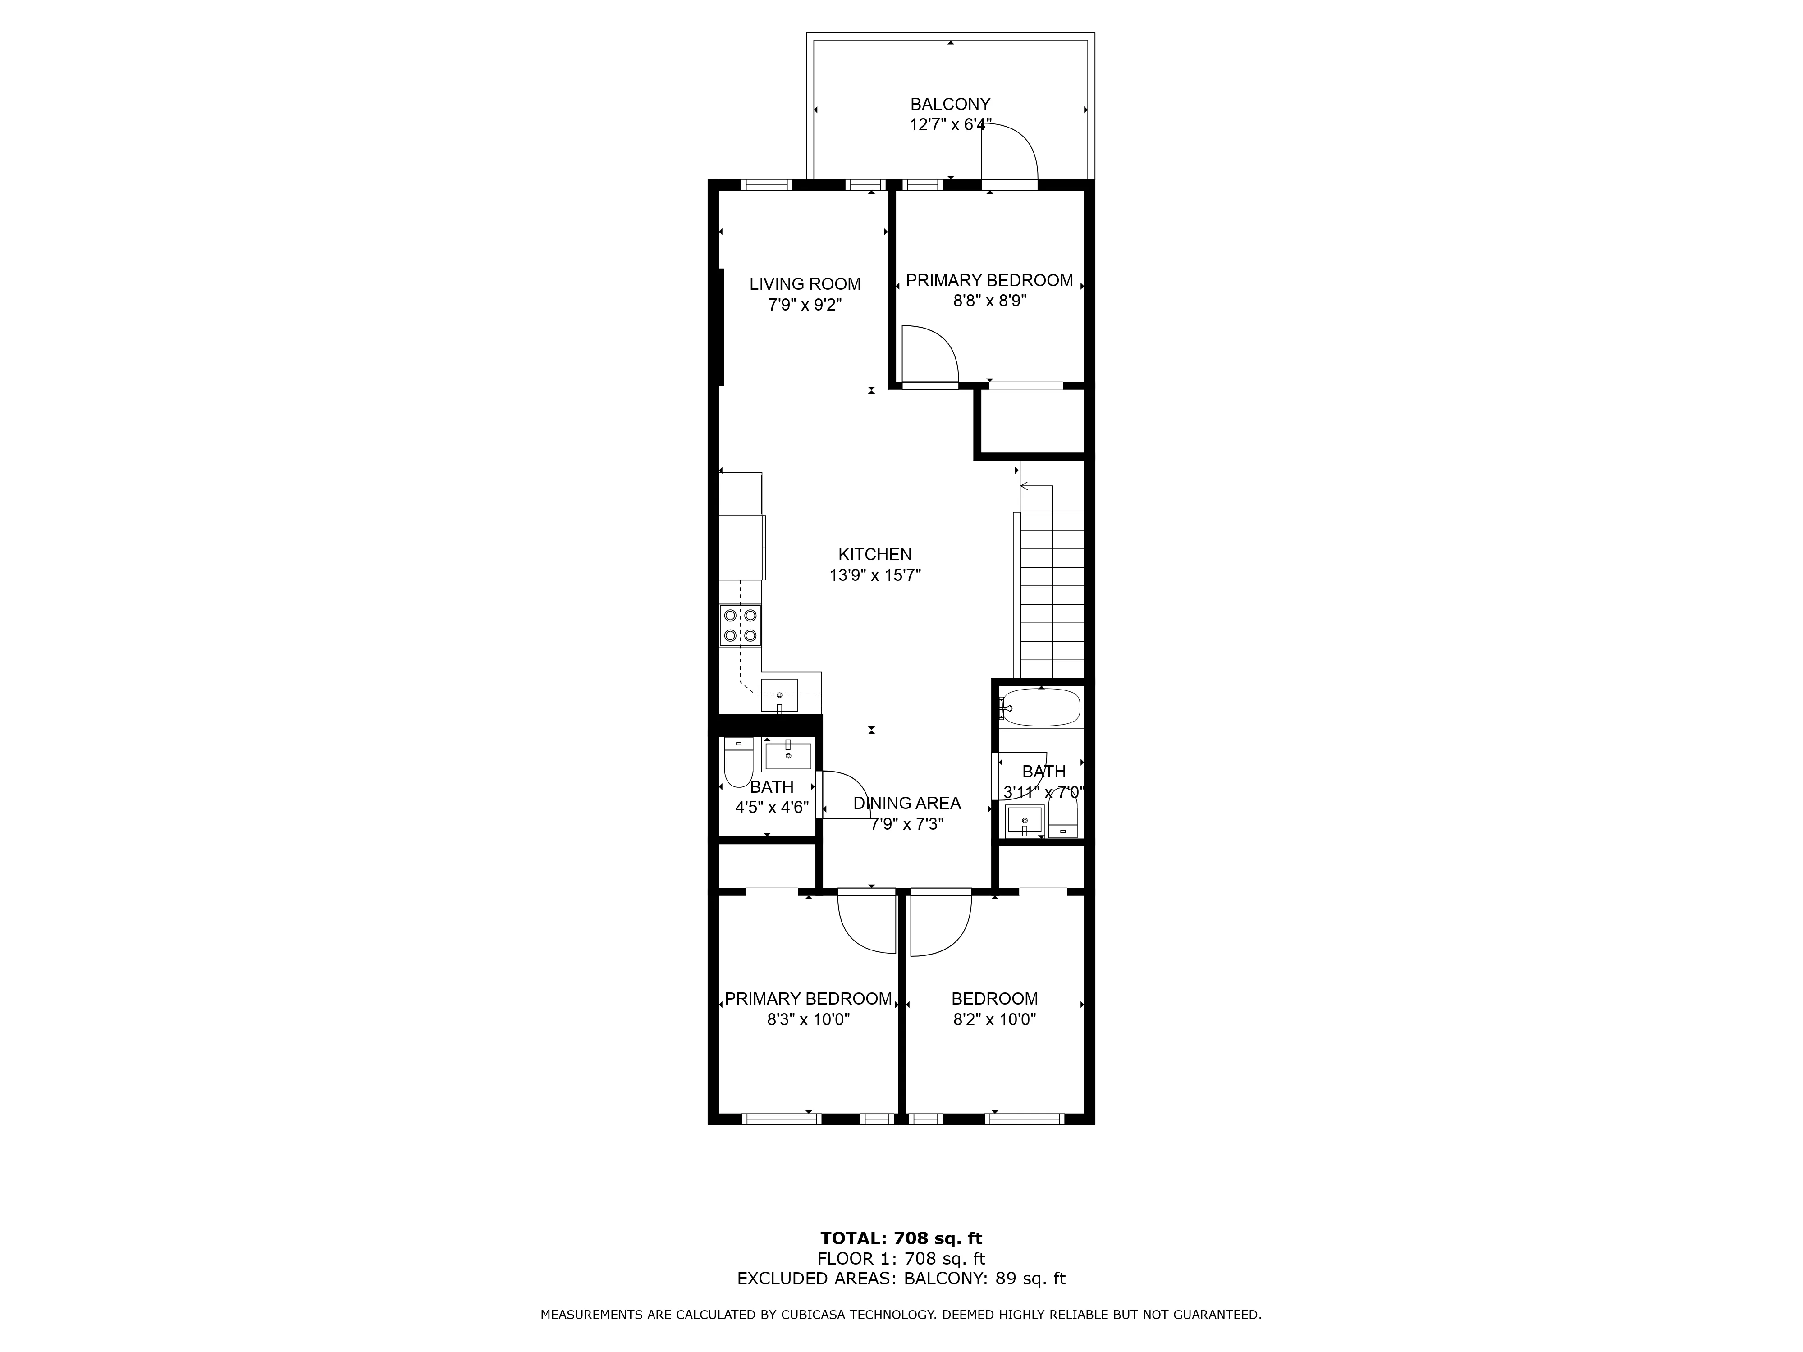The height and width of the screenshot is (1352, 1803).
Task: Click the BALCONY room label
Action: tap(950, 104)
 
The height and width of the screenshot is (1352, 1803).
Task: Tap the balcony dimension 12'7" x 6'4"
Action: tap(950, 125)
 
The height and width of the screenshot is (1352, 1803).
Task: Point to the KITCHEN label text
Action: tap(874, 554)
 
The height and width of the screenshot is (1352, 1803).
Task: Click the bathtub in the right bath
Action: tap(1041, 708)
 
